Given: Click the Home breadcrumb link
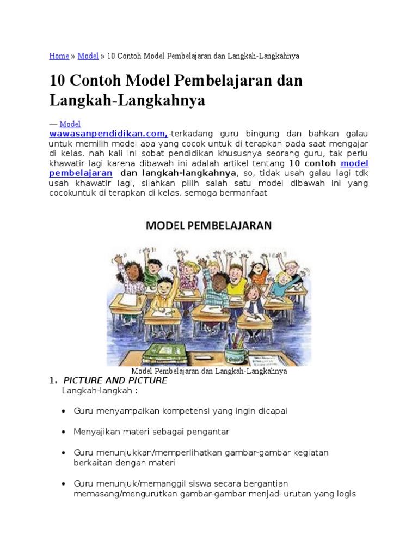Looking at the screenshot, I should (x=59, y=56).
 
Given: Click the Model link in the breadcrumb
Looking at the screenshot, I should (x=88, y=56).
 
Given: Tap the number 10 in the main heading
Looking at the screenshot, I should (x=57, y=81).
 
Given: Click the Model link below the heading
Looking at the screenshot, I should (x=70, y=124).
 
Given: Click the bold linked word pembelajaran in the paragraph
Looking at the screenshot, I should (x=81, y=173).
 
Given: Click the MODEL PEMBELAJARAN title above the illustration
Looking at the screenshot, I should (x=208, y=226).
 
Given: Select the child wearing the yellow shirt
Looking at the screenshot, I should (x=163, y=295).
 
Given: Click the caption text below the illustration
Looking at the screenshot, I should (x=208, y=371).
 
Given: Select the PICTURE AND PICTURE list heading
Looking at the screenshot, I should (x=115, y=380).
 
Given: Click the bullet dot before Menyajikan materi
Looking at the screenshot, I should (x=65, y=432).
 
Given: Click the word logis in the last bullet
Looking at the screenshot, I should (x=344, y=494).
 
